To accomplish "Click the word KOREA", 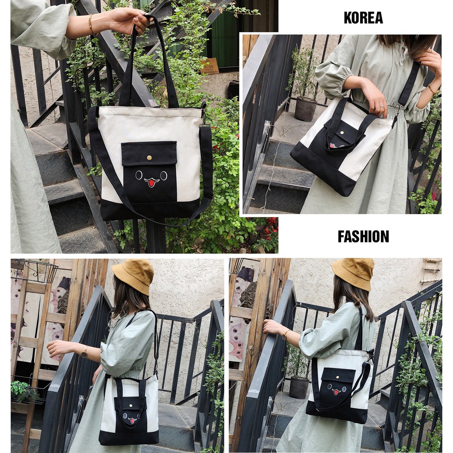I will [363, 18].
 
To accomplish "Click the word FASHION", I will [363, 236].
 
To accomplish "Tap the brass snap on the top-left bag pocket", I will [149, 157].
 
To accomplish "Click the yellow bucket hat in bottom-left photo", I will [134, 275].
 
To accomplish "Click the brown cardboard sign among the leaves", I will [209, 66].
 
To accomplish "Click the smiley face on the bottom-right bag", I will [337, 390].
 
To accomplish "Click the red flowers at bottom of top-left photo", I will [270, 226].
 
